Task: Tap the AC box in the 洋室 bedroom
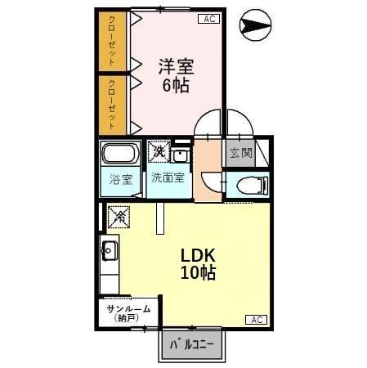click(x=208, y=19)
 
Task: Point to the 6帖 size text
click(x=175, y=85)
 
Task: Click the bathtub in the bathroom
click(x=121, y=155)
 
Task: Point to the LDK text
click(x=199, y=255)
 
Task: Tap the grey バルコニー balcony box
click(x=192, y=345)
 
